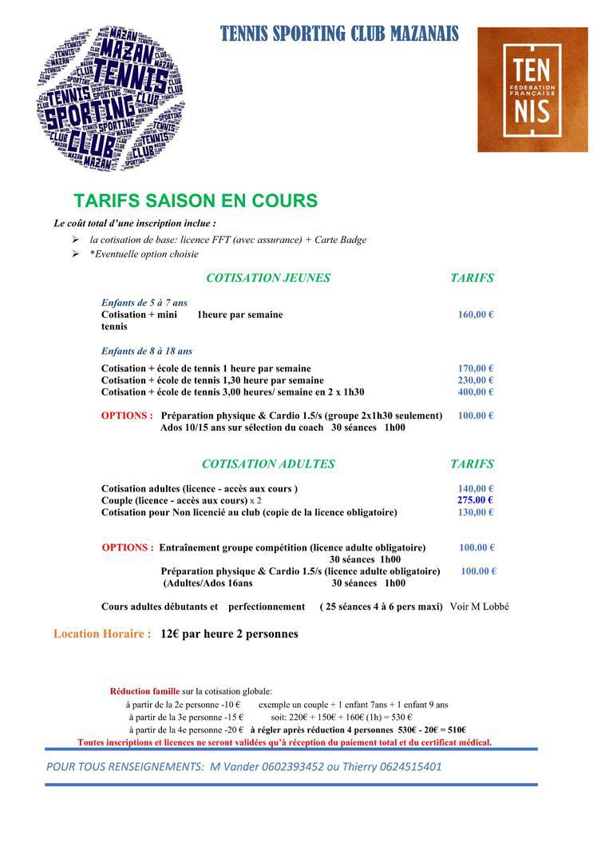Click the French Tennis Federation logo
(x=532, y=89)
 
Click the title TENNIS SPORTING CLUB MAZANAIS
(x=339, y=34)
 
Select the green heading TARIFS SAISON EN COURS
(x=196, y=201)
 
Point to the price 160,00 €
(x=476, y=315)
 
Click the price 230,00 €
(x=476, y=380)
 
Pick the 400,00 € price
(x=476, y=392)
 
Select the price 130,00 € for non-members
(x=476, y=512)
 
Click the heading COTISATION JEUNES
(x=268, y=278)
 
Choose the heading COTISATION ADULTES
(x=268, y=463)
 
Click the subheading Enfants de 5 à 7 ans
(x=144, y=303)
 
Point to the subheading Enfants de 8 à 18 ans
(x=146, y=351)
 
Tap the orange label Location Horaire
(x=102, y=634)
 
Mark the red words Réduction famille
(x=144, y=690)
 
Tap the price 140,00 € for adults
(x=476, y=488)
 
